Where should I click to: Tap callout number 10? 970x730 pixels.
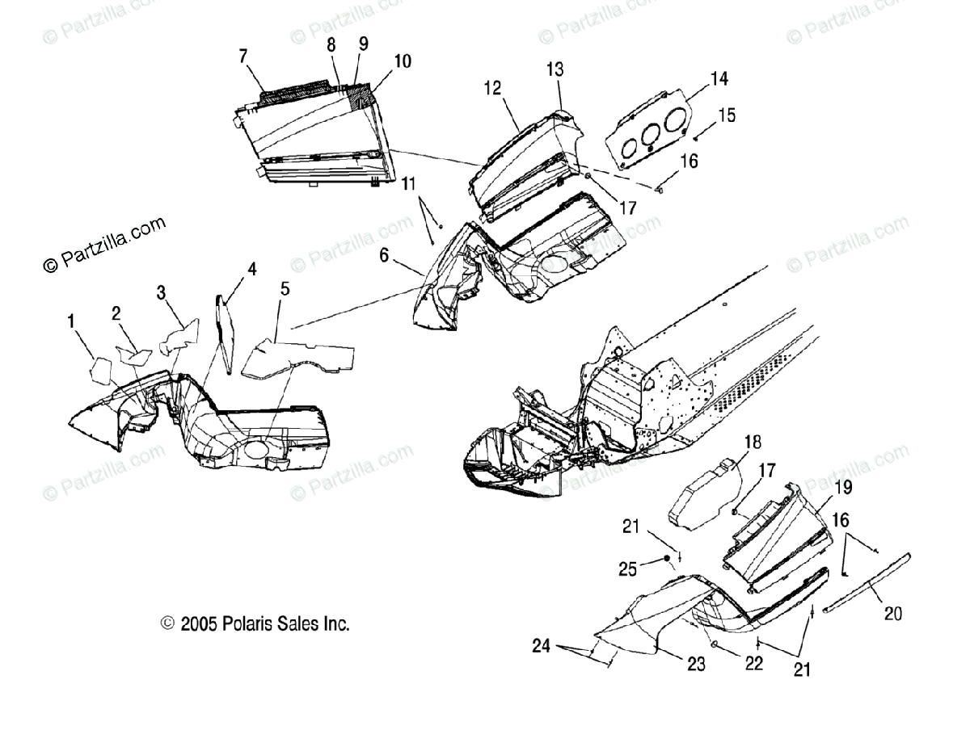pyautogui.click(x=402, y=61)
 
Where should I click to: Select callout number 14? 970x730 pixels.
pyautogui.click(x=719, y=78)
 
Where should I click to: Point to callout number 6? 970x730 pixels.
pyautogui.click(x=385, y=255)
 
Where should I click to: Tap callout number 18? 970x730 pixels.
pyautogui.click(x=752, y=442)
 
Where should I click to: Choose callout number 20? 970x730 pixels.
pyautogui.click(x=892, y=614)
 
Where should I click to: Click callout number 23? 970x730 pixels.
pyautogui.click(x=696, y=664)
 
